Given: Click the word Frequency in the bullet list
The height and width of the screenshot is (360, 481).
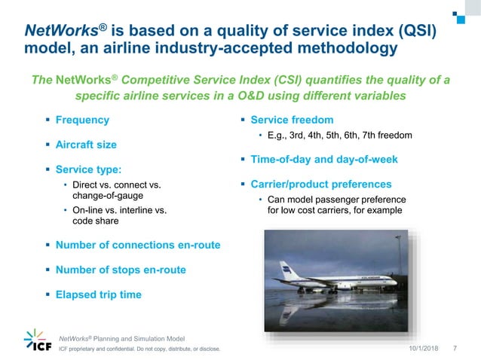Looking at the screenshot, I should pos(82,120).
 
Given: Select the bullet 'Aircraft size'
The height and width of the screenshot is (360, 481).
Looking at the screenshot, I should pos(86,144).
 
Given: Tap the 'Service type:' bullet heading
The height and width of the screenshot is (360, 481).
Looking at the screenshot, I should pos(87,170).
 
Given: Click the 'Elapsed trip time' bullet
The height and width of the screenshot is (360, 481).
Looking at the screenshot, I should pos(98,294).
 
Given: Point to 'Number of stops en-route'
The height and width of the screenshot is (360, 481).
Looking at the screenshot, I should pos(121,270).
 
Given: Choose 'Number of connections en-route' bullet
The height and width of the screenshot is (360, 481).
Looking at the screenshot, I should pos(138,245).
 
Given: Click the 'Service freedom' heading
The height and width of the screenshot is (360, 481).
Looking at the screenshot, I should pos(292,120).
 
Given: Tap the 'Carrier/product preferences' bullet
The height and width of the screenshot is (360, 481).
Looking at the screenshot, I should pos(321,185).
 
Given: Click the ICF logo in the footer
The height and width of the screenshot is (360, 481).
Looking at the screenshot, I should pos(38,341).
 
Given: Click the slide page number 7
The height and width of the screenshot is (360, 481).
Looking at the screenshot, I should pos(455,349).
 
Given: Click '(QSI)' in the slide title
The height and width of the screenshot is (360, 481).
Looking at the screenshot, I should pos(414,30).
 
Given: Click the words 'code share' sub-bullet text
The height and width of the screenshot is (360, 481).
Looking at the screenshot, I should pos(95,221).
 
